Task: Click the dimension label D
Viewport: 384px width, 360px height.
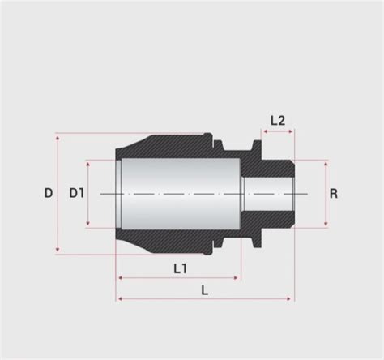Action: pyautogui.click(x=48, y=194)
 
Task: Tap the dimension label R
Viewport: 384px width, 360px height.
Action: pyautogui.click(x=333, y=194)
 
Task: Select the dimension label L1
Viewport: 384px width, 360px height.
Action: pyautogui.click(x=180, y=268)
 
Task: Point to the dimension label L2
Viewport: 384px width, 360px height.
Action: pyautogui.click(x=277, y=120)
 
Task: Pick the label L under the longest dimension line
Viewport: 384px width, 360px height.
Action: pyautogui.click(x=204, y=289)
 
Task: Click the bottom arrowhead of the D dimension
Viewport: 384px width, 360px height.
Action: pyautogui.click(x=58, y=251)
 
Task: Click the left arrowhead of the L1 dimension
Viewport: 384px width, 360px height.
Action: pyautogui.click(x=121, y=278)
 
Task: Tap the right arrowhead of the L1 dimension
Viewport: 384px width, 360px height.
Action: pyautogui.click(x=237, y=278)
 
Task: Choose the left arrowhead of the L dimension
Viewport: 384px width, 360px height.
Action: pyautogui.click(x=121, y=298)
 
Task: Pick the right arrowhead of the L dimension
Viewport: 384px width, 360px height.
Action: pyautogui.click(x=292, y=298)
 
